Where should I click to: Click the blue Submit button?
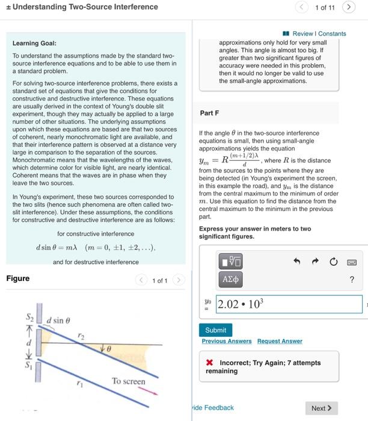pyautogui.click(x=215, y=330)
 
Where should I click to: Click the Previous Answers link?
pyautogui.click(x=227, y=341)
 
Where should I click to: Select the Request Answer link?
pyautogui.click(x=280, y=341)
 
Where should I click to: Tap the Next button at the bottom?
pyautogui.click(x=322, y=408)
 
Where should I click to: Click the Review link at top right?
pyautogui.click(x=302, y=34)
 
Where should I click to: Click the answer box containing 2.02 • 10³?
pyautogui.click(x=289, y=304)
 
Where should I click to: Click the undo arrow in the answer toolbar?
pyautogui.click(x=296, y=262)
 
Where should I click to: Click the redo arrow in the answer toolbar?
pyautogui.click(x=314, y=262)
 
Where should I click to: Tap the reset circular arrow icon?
pyautogui.click(x=334, y=262)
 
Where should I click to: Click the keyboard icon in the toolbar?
pyautogui.click(x=352, y=262)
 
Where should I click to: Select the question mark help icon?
pyautogui.click(x=352, y=279)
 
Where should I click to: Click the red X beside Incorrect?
pyautogui.click(x=209, y=363)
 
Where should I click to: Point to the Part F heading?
pyautogui.click(x=209, y=112)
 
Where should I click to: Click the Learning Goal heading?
pyautogui.click(x=34, y=43)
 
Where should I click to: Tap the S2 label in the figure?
pyautogui.click(x=29, y=317)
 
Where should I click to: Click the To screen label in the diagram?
pyautogui.click(x=128, y=381)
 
